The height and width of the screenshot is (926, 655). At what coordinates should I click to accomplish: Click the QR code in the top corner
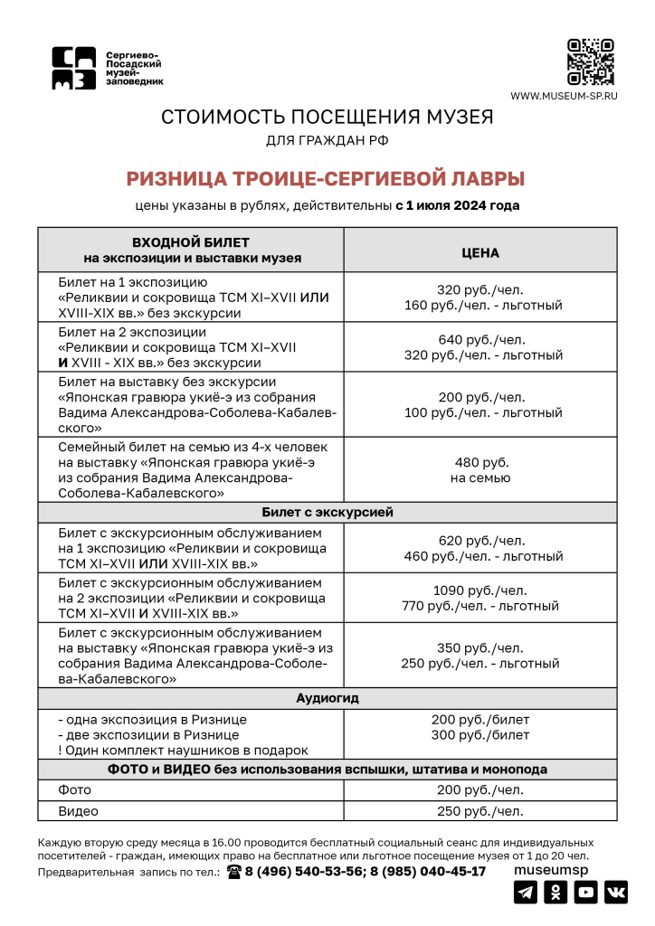[x=590, y=61]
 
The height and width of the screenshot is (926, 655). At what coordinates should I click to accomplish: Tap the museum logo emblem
[x=73, y=69]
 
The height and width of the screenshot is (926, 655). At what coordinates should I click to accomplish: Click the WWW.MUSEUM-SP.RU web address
[x=564, y=96]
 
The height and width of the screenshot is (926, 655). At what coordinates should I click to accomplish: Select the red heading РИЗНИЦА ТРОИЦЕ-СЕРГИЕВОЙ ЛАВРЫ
[x=326, y=178]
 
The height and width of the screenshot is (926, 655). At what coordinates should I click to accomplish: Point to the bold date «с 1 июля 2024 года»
[x=458, y=205]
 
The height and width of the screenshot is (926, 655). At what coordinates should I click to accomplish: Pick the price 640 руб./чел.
[x=480, y=340]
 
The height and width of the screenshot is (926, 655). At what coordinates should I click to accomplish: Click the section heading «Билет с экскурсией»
[x=327, y=512]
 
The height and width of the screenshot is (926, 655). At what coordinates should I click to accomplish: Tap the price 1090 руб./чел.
[x=480, y=590]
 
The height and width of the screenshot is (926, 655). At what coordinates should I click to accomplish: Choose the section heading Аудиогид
[x=327, y=699]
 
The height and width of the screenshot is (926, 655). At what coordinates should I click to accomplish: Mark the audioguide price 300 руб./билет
[x=480, y=735]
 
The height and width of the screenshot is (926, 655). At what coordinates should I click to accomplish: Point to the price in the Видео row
[x=480, y=811]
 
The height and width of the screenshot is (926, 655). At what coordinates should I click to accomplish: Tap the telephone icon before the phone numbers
[x=234, y=872]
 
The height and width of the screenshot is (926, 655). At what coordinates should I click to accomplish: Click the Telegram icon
[x=525, y=893]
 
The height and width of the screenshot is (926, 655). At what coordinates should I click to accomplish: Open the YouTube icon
[x=586, y=893]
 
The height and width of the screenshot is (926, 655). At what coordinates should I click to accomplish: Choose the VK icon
[x=616, y=893]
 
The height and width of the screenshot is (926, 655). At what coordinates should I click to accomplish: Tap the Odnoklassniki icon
[x=555, y=893]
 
